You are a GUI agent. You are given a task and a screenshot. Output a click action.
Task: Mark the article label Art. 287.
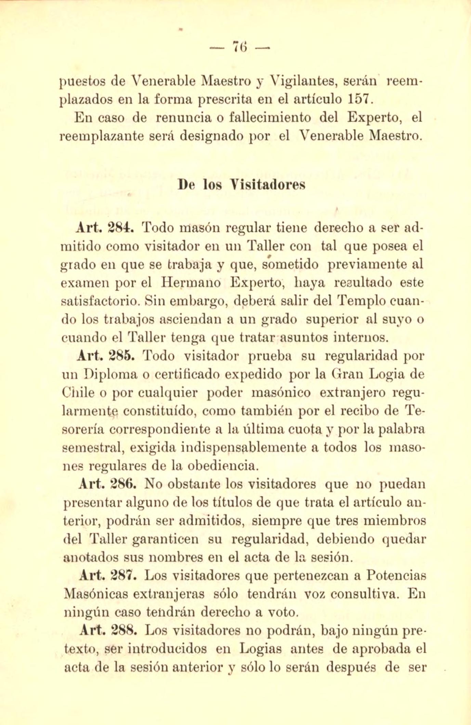108,576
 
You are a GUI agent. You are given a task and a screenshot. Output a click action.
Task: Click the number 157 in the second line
358,99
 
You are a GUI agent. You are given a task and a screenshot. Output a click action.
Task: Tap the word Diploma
107,374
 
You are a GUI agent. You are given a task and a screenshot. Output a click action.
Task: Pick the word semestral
92,448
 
